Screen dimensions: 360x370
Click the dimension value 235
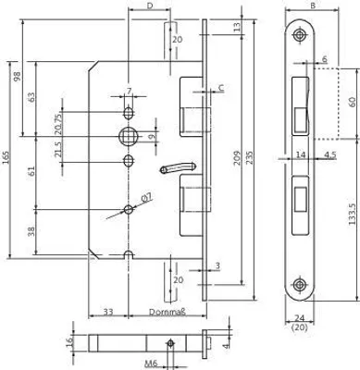[249, 157]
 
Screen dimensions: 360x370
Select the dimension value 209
[237, 157]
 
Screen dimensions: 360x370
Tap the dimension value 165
[6, 158]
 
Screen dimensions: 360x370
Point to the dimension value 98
[17, 76]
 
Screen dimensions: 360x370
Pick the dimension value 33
[107, 312]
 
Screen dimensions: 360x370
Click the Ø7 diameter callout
[148, 197]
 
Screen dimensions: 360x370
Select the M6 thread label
[151, 364]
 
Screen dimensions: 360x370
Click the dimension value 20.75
[58, 123]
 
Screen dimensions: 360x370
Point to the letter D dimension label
[150, 6]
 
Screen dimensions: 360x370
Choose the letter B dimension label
[313, 6]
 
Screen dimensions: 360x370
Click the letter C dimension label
[221, 88]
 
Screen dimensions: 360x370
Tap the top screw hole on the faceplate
[299, 35]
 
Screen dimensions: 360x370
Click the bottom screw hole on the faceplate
[299, 284]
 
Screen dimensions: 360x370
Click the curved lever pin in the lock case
[177, 168]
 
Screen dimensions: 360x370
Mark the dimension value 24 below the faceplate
[299, 318]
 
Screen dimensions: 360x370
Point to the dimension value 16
[69, 342]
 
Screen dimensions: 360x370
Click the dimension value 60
[353, 102]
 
